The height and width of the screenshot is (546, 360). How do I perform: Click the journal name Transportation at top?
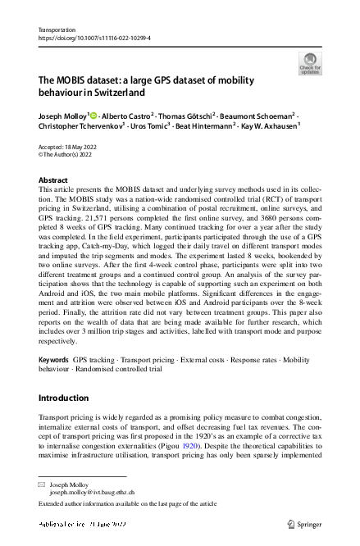(58, 29)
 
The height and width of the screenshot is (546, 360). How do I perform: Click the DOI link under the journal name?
(94, 37)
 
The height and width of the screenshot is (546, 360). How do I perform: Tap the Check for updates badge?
(309, 63)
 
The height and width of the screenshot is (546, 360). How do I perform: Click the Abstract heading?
(53, 180)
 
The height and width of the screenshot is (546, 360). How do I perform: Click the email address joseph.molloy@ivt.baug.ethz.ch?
(91, 494)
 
